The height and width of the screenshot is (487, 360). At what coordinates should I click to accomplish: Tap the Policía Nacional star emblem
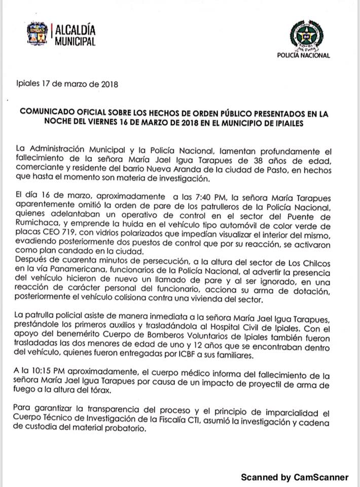[303, 36]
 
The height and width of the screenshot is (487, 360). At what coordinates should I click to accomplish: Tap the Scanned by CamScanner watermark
[295, 477]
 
